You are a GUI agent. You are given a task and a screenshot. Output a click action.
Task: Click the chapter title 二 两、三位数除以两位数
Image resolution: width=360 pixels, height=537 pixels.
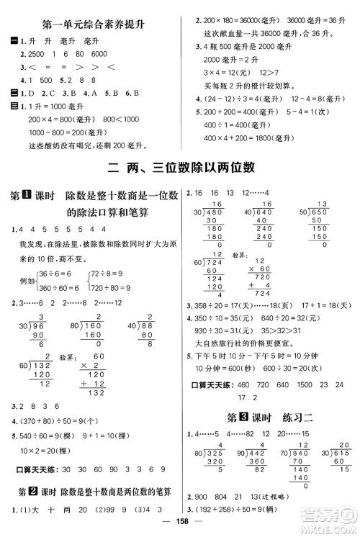(x=180, y=169)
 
